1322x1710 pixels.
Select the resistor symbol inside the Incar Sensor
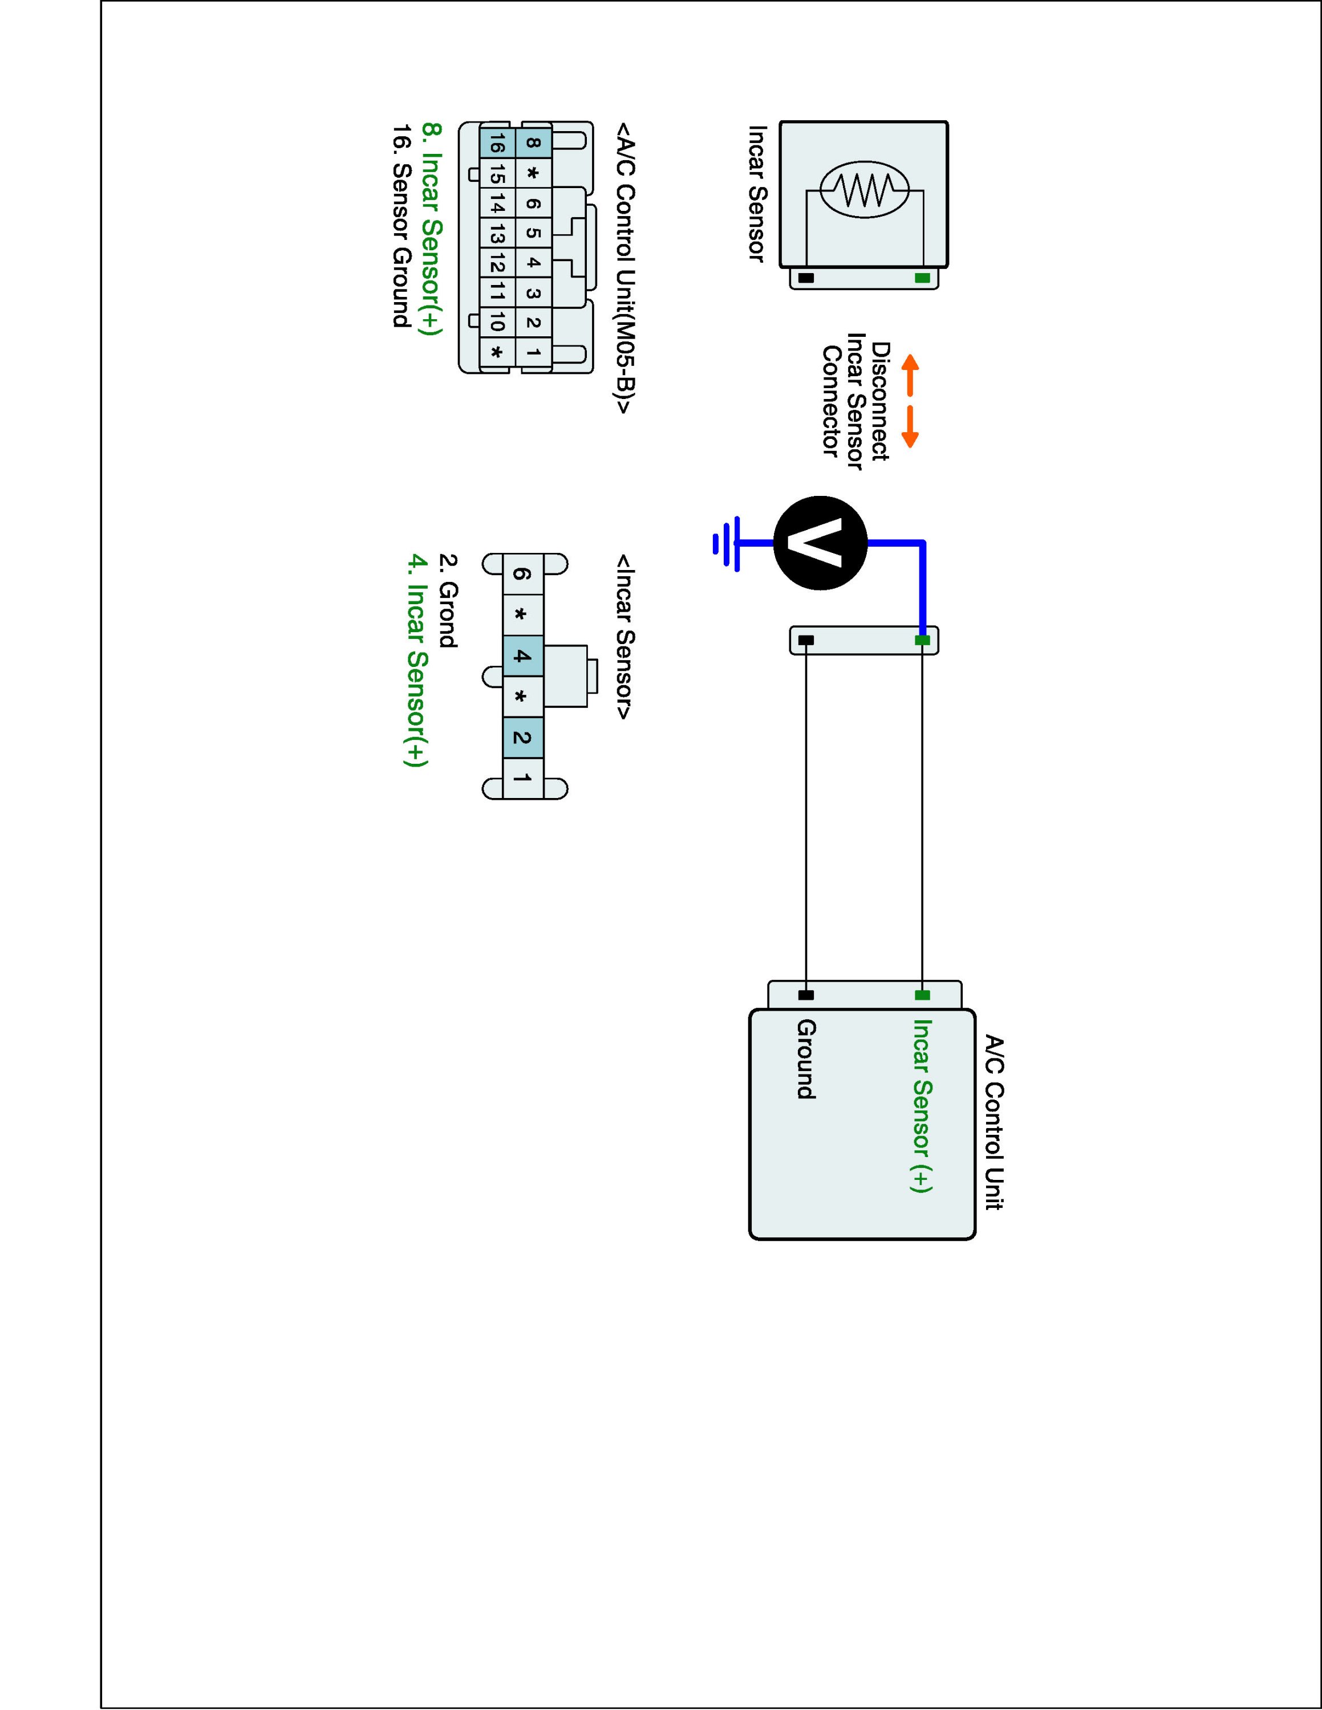coord(864,189)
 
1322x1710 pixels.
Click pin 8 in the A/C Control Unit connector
coord(533,142)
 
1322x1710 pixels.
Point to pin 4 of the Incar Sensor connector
coord(522,656)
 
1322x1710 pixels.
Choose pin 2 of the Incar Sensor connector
coord(522,738)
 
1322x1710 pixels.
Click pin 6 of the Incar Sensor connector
coord(522,574)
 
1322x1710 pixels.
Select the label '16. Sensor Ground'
coord(401,226)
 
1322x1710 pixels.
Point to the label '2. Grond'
coord(447,601)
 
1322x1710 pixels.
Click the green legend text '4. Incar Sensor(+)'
coord(417,660)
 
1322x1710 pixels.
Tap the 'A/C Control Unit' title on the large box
coord(993,1123)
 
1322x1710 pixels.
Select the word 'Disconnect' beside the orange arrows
coord(881,401)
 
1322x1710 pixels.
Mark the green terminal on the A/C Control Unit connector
coord(923,995)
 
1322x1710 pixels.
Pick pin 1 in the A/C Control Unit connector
coord(533,352)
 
